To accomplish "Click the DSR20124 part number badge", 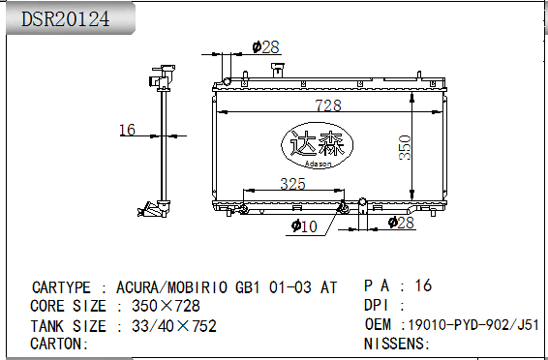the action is [x=70, y=18].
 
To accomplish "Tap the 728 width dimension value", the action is [x=328, y=105].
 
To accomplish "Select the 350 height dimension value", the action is [x=405, y=148].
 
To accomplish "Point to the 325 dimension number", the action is [x=292, y=184].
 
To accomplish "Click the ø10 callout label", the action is [x=304, y=226].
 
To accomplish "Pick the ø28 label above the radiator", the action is [x=266, y=47].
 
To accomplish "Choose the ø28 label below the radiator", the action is [x=401, y=223].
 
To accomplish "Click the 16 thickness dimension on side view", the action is [x=127, y=130].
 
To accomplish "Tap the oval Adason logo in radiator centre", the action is [x=318, y=145].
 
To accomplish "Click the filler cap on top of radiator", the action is [x=278, y=70].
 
